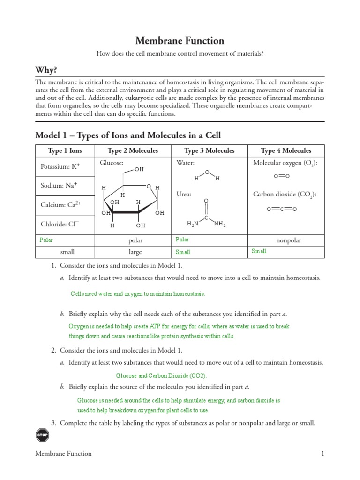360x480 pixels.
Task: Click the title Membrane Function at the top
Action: pos(180,41)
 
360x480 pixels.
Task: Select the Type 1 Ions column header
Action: pos(65,150)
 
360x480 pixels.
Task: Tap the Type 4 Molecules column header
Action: pos(286,150)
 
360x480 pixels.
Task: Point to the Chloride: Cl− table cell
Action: pos(59,224)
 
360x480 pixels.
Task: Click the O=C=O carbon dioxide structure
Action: pos(282,209)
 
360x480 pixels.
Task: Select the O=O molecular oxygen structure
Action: pos(282,176)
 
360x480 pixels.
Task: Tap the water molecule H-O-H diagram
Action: pos(207,176)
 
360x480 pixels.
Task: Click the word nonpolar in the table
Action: pos(288,240)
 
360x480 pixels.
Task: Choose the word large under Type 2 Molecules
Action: pos(135,252)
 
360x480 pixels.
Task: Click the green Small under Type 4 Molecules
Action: pos(259,251)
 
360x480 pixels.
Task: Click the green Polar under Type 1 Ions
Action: pos(46,240)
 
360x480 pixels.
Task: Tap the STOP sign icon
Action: pos(42,435)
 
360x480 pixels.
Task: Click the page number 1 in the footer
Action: pos(322,454)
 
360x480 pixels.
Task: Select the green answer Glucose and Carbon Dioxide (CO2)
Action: pos(161,376)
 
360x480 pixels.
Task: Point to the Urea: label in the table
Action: pos(184,194)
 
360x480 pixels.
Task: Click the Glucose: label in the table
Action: pos(111,163)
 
